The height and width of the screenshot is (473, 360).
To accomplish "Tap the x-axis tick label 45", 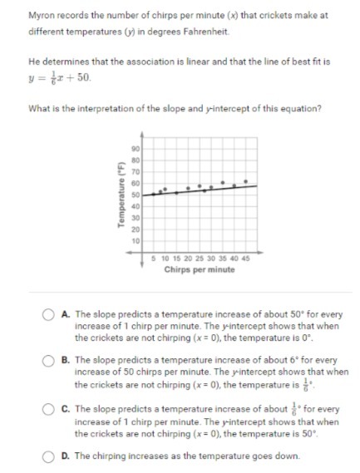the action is coord(246,259).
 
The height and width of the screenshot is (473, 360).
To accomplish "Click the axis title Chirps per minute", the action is coord(200,269).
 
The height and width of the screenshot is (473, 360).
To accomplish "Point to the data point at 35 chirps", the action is coord(222,180).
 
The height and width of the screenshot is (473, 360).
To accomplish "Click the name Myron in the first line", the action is coord(42,15).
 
